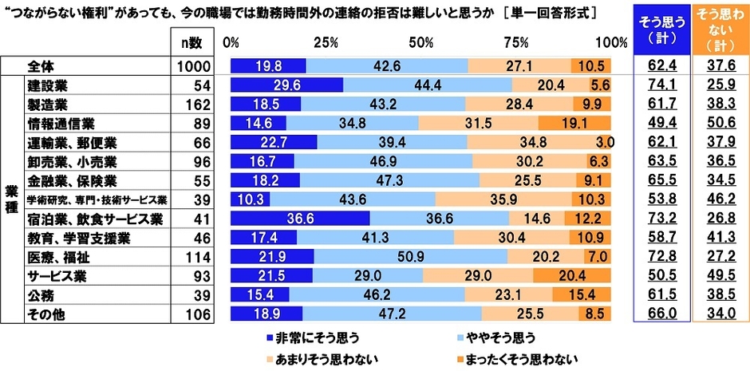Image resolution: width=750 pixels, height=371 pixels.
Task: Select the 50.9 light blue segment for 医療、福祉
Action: click(x=410, y=256)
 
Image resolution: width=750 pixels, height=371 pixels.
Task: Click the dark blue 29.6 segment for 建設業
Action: click(x=286, y=85)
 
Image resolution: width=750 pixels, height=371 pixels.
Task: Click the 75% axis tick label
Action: click(x=516, y=41)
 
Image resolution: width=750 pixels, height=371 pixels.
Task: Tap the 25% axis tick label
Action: click(x=325, y=41)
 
